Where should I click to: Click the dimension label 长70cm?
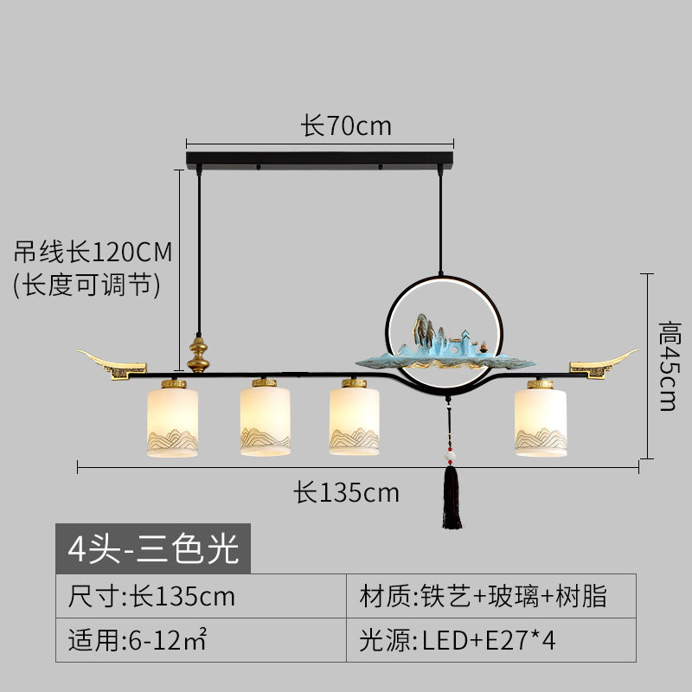[346, 126]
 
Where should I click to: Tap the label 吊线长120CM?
[93, 252]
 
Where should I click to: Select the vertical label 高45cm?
[667, 366]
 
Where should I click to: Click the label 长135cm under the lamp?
[346, 492]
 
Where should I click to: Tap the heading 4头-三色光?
[153, 549]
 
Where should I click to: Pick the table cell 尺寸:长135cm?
[152, 596]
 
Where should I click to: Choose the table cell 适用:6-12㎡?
[138, 641]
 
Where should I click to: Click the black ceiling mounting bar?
[319, 160]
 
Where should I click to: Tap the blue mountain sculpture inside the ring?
[441, 342]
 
